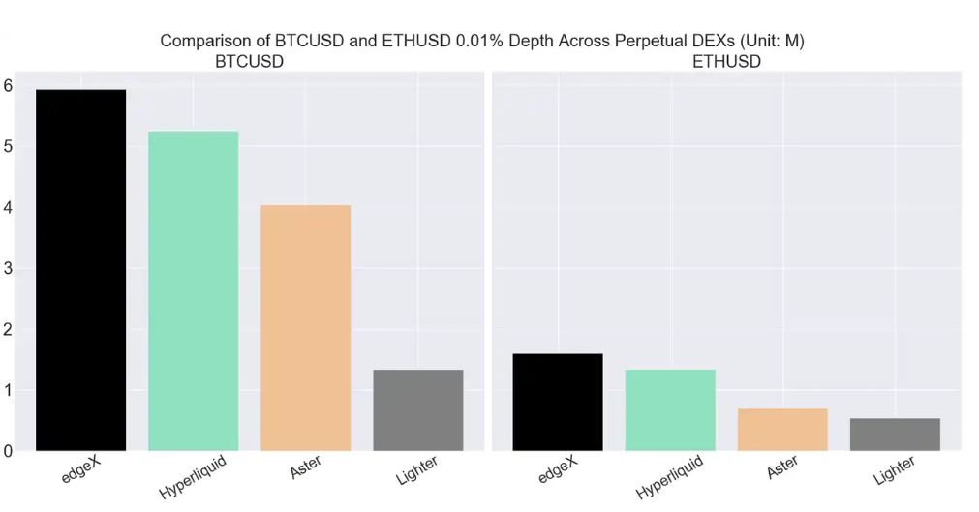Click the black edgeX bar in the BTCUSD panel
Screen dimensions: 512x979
tap(80, 270)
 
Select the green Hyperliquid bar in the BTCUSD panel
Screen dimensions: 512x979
tap(193, 290)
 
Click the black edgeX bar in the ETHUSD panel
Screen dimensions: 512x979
tap(557, 402)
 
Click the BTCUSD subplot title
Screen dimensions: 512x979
tap(249, 61)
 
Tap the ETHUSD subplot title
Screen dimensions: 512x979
tap(726, 61)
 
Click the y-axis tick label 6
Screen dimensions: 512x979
tap(8, 85)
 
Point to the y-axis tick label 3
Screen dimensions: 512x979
tap(8, 268)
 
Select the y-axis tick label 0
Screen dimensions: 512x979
tap(8, 451)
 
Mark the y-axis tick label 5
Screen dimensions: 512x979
tap(8, 146)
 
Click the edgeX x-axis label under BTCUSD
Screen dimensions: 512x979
tap(80, 470)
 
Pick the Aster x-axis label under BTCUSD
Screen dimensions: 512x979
tap(306, 469)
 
